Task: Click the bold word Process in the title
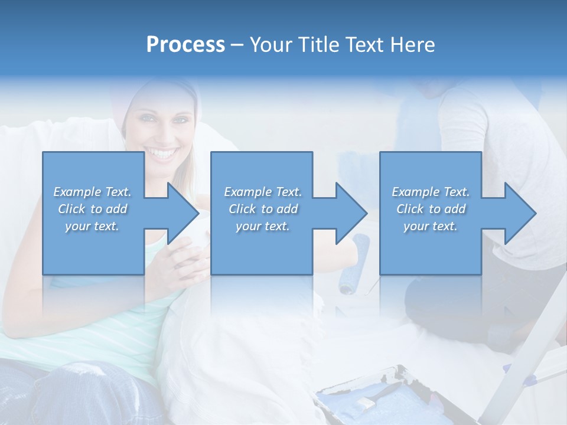click(x=185, y=45)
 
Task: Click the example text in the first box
click(x=93, y=209)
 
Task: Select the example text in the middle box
click(x=263, y=209)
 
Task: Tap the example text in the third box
click(x=431, y=209)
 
